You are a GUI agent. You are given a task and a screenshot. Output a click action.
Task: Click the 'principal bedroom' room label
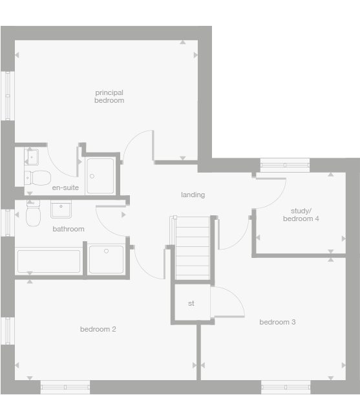click(109, 96)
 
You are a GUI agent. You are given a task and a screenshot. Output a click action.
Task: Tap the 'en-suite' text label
click(65, 187)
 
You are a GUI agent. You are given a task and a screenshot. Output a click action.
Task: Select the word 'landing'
click(193, 195)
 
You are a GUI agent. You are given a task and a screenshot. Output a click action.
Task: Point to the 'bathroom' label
click(69, 229)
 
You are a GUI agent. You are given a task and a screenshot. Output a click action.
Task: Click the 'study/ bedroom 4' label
click(301, 215)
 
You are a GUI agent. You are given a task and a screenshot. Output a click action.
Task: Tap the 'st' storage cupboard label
click(191, 303)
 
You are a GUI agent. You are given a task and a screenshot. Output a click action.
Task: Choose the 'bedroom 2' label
click(98, 329)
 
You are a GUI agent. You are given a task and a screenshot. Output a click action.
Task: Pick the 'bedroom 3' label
click(277, 322)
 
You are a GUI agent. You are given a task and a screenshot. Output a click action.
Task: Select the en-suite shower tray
click(100, 176)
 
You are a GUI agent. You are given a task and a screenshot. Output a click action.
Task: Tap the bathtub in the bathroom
click(49, 261)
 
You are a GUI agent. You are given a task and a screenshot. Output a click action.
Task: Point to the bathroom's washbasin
click(61, 209)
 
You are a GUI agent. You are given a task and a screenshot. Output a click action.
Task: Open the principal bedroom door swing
click(138, 145)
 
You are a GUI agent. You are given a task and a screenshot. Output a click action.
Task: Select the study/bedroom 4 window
click(285, 165)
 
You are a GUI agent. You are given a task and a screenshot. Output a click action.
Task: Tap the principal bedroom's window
click(8, 95)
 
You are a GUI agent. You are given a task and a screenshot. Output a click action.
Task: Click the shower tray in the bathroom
click(106, 259)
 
